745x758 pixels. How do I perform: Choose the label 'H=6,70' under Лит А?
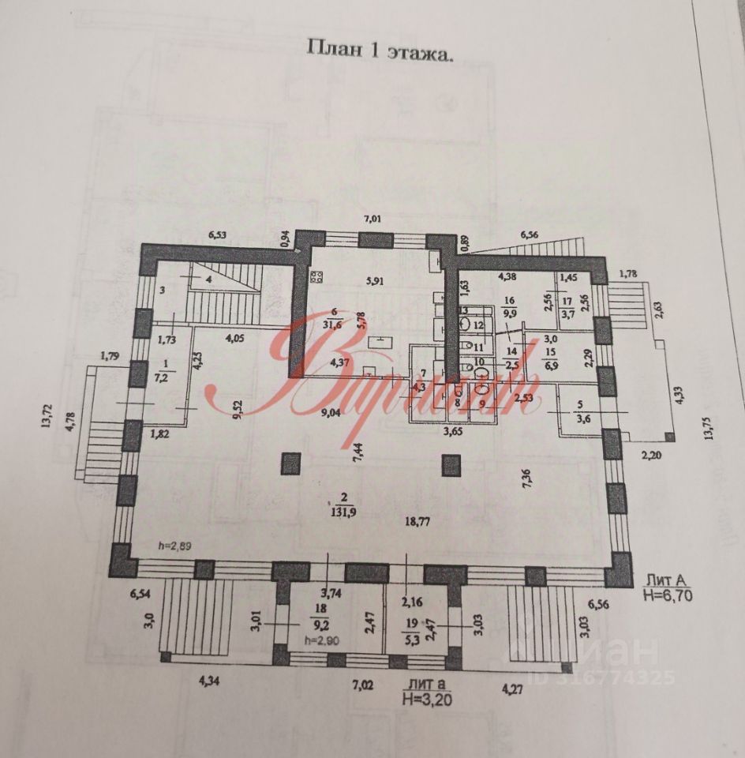tap(667, 596)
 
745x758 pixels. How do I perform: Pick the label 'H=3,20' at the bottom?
tap(427, 698)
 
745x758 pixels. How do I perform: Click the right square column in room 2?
tap(451, 464)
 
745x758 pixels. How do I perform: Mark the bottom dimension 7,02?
tap(362, 685)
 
